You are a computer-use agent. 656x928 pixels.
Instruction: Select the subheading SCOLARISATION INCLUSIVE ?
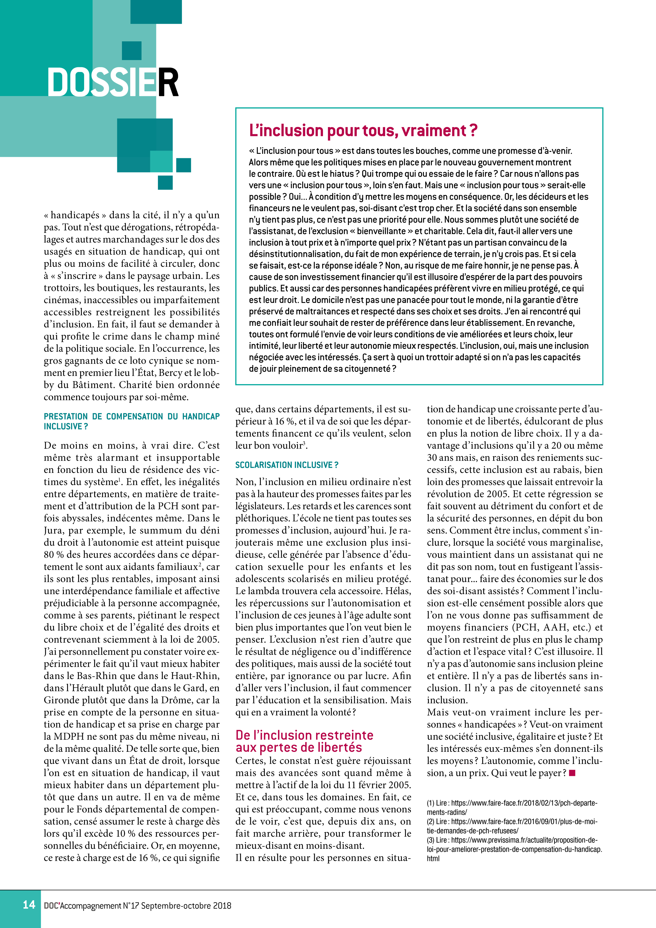(x=287, y=465)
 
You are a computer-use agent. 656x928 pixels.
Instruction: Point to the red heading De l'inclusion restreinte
(x=304, y=735)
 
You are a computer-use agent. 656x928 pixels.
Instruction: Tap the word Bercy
(x=170, y=373)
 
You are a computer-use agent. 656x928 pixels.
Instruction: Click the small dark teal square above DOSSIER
(x=132, y=51)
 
